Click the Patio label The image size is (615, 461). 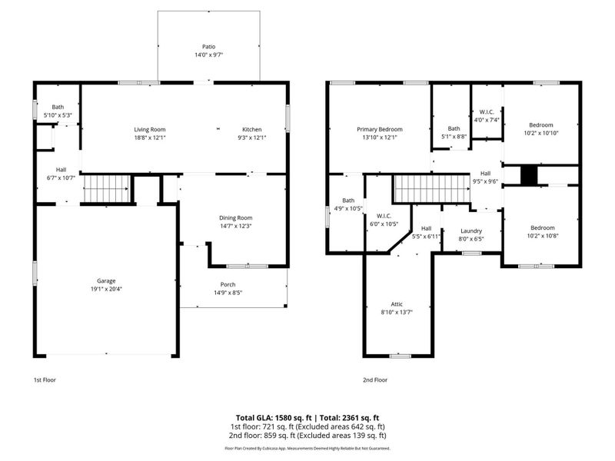coord(208,46)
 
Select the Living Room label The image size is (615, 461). coord(150,129)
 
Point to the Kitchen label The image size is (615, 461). coord(252,129)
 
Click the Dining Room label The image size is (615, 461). coord(236,217)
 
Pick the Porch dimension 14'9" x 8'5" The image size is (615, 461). coord(228,292)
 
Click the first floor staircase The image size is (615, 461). coord(106,188)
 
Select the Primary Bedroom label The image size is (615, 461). coord(379,129)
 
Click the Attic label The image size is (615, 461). coord(397,304)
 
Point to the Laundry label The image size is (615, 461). coord(470,230)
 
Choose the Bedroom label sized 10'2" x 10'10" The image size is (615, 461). coord(540,124)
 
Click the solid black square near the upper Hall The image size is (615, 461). coord(528,175)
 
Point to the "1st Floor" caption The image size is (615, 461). coord(45,380)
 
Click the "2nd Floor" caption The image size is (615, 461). coord(375,380)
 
